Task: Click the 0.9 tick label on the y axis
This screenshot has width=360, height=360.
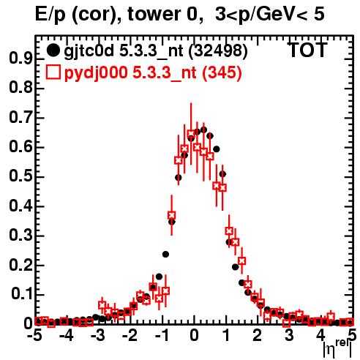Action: click(x=20, y=59)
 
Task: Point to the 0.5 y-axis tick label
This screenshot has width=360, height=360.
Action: click(x=20, y=176)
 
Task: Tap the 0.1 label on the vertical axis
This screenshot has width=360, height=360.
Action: click(x=22, y=294)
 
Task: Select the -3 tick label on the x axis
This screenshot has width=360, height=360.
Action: click(x=98, y=335)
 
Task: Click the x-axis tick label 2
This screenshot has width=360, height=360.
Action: click(x=258, y=335)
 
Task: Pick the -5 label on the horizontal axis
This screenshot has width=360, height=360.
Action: click(x=35, y=335)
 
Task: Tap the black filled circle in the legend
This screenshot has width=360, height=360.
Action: click(x=53, y=50)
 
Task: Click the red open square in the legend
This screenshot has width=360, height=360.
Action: click(x=53, y=72)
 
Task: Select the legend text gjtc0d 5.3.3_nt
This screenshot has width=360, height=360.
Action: click(x=124, y=51)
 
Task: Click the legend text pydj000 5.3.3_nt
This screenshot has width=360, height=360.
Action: click(x=130, y=73)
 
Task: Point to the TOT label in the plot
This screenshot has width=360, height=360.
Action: click(x=307, y=50)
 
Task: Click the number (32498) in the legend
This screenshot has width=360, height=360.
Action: click(x=218, y=51)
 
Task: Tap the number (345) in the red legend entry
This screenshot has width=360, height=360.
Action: click(x=222, y=73)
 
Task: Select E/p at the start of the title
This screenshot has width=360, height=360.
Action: click(x=50, y=15)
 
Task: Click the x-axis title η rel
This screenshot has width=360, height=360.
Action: click(x=337, y=349)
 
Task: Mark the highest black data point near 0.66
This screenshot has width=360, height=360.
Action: click(x=204, y=130)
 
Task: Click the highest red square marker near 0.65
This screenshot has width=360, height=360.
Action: click(x=191, y=134)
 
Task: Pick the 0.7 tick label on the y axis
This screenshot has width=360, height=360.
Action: click(x=20, y=118)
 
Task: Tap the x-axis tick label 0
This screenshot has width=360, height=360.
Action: click(x=194, y=335)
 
